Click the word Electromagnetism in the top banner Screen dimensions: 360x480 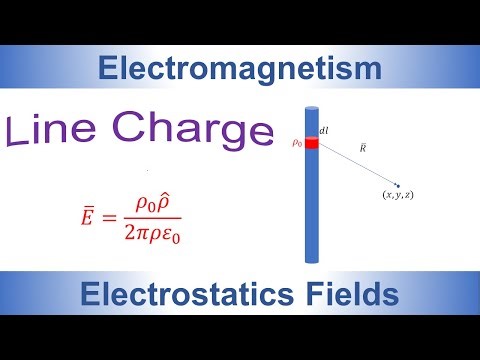click(x=240, y=68)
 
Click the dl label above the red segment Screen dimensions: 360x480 click(x=324, y=129)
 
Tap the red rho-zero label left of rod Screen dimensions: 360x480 click(x=296, y=143)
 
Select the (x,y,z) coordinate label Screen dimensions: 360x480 click(x=398, y=194)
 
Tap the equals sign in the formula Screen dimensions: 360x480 click(x=117, y=213)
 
